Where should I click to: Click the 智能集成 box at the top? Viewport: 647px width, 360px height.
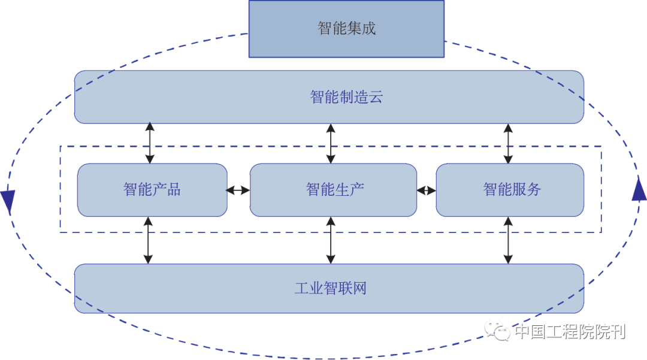346,29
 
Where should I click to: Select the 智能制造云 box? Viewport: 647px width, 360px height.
180,97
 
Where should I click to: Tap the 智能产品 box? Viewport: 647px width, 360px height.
152,190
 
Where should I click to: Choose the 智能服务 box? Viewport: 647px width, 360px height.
510,190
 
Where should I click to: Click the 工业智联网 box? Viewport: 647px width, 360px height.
180,288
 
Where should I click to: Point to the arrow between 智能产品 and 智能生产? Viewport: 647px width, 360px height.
238,190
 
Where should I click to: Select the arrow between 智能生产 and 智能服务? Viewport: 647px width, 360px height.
427,190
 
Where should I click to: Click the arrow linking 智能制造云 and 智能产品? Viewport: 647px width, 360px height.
150,144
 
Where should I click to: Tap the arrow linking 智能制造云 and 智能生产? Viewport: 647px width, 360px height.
330,144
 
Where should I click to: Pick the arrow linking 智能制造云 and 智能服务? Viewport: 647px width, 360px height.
508,144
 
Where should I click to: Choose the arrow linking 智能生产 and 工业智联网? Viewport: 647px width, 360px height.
330,240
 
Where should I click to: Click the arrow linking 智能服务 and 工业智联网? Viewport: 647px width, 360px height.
508,240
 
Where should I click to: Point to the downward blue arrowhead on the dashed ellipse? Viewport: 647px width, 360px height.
8,201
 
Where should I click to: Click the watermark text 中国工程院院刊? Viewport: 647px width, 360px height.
570,331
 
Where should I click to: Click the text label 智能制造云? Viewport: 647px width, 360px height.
346,97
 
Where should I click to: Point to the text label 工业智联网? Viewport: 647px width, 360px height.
330,288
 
